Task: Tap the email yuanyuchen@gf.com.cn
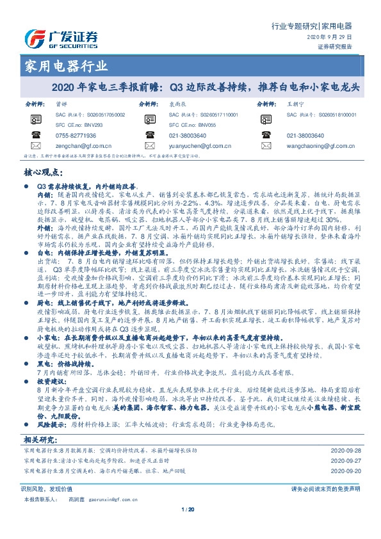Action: click(199, 146)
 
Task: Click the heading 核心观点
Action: click(42, 173)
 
